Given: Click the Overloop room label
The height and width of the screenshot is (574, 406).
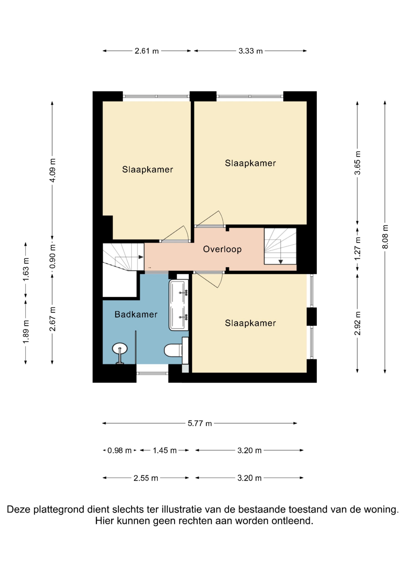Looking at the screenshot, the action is tap(222, 249).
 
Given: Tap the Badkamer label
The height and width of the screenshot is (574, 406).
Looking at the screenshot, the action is tap(136, 314).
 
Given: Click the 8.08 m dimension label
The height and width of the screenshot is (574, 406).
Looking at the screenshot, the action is tap(385, 237).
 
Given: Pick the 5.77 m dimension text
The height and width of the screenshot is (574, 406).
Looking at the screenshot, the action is tap(200, 423).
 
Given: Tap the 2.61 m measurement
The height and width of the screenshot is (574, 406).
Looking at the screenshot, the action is tap(147, 51).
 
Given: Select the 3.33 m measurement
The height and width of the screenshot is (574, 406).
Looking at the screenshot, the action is tap(250, 51).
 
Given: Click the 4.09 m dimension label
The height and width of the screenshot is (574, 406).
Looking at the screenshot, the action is tap(52, 170).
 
